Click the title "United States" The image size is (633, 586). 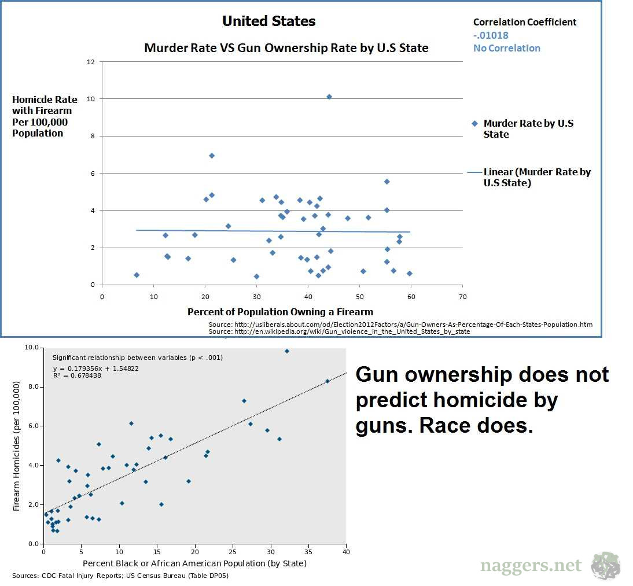tap(269, 21)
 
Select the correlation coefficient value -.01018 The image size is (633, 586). tap(491, 35)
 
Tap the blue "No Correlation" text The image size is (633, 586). tap(506, 48)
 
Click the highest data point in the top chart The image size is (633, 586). tap(329, 97)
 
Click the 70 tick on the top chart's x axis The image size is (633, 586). tap(462, 297)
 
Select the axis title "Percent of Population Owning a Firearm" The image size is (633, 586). tap(280, 312)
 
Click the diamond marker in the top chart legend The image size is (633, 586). tap(475, 123)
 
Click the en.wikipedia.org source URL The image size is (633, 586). tap(339, 331)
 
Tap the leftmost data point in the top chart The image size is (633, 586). tap(137, 275)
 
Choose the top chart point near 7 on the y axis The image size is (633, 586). tap(212, 156)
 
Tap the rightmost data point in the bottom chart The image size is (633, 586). tap(327, 381)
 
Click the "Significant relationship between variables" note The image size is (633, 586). tap(137, 358)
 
